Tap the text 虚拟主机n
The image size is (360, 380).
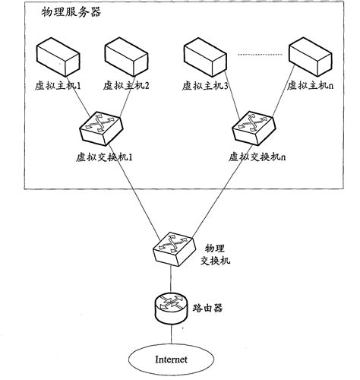coord(309,85)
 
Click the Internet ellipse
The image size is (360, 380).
coord(171,359)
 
